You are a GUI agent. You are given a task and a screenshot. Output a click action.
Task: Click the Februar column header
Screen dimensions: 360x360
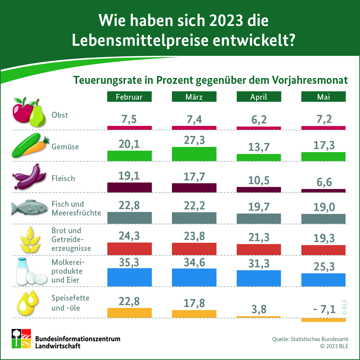tap(129, 97)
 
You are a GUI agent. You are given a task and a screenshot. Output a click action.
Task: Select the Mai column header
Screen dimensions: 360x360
tap(323, 97)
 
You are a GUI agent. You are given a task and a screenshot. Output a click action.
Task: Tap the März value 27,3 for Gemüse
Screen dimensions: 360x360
tap(194, 140)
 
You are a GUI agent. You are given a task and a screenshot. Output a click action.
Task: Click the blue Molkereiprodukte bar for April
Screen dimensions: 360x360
tap(259, 278)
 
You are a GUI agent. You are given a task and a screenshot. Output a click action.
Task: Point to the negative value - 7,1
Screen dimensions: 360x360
tap(324, 309)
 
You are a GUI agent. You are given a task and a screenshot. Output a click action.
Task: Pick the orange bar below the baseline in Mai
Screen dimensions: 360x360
tap(323, 320)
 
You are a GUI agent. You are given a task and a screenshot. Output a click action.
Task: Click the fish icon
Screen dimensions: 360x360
tap(30, 207)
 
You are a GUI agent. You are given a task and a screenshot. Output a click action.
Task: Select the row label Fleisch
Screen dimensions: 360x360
tap(63, 178)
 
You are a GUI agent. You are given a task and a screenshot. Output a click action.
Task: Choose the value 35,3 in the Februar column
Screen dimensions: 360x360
tap(129, 262)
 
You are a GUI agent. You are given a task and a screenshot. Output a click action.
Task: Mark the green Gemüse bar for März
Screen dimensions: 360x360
tap(194, 154)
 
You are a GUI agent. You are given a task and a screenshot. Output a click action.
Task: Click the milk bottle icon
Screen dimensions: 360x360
tap(22, 271)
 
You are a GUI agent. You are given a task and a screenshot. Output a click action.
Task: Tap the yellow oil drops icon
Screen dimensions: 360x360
tap(28, 303)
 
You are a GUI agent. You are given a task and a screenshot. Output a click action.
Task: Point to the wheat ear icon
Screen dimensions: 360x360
tap(30, 240)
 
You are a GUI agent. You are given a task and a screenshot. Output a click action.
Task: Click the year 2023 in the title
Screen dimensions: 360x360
tap(226, 20)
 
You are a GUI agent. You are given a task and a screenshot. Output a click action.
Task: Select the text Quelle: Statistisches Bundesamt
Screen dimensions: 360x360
tap(310, 339)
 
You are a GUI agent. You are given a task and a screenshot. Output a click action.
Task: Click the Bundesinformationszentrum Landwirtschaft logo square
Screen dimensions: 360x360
tap(21, 339)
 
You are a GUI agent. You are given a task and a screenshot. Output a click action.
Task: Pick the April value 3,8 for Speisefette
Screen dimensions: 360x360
tap(259, 309)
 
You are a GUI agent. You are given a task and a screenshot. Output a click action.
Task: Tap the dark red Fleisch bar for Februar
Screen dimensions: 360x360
tap(130, 187)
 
